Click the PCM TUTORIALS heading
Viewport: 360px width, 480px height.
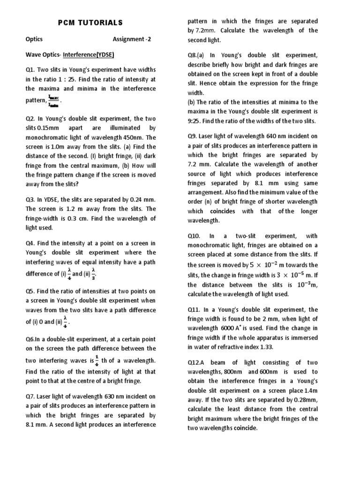tap(90, 22)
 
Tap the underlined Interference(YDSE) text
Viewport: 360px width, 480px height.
tap(90, 54)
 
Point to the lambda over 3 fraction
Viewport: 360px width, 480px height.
tap(94, 273)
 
